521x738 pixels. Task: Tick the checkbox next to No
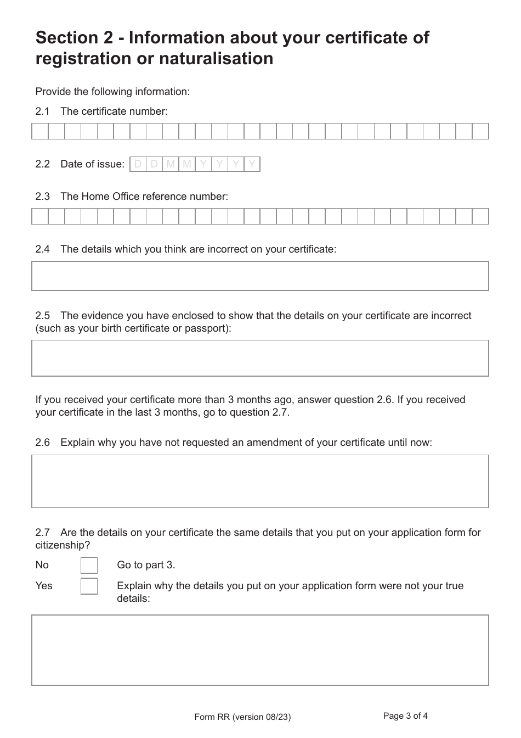point(89,565)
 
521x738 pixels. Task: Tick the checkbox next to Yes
point(89,586)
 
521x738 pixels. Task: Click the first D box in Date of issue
point(138,164)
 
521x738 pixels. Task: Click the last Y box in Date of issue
point(252,164)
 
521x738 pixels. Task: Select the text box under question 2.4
point(260,276)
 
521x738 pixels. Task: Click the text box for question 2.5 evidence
point(260,358)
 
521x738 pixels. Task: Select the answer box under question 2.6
point(260,481)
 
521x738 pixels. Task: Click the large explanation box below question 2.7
point(260,650)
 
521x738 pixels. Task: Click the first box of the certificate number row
point(40,132)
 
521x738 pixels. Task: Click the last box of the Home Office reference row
point(480,216)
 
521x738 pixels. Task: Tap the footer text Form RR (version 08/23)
point(242,717)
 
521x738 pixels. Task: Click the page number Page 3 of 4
point(405,716)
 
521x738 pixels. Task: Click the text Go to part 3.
point(146,565)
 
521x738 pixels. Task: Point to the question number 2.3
point(42,196)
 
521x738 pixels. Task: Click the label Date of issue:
point(92,164)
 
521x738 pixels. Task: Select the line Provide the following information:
point(112,92)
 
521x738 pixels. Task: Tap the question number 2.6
point(42,442)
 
